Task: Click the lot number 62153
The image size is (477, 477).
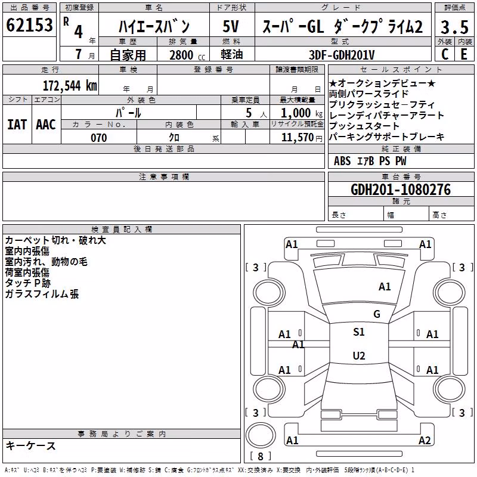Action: (x=29, y=24)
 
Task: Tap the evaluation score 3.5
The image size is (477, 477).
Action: (x=454, y=27)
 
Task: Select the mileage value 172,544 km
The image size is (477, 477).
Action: (x=70, y=86)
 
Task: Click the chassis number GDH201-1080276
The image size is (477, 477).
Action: (x=401, y=190)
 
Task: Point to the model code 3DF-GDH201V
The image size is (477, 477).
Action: (x=342, y=55)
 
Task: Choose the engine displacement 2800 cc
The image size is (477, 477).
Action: (x=187, y=55)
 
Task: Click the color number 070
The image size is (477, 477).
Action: (x=99, y=138)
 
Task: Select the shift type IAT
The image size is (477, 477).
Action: (x=17, y=125)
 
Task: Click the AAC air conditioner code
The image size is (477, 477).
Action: (x=46, y=125)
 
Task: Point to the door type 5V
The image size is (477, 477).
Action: (x=231, y=26)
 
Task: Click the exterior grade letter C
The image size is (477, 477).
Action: (x=445, y=54)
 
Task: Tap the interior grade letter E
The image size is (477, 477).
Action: (x=464, y=54)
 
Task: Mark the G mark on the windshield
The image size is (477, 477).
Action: (x=377, y=314)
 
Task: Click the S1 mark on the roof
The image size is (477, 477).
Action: (x=359, y=332)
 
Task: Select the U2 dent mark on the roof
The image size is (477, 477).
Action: (x=359, y=355)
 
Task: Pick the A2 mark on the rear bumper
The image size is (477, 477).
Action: (x=425, y=440)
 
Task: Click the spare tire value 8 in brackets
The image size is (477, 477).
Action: (x=261, y=456)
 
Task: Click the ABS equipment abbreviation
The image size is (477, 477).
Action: (x=342, y=161)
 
